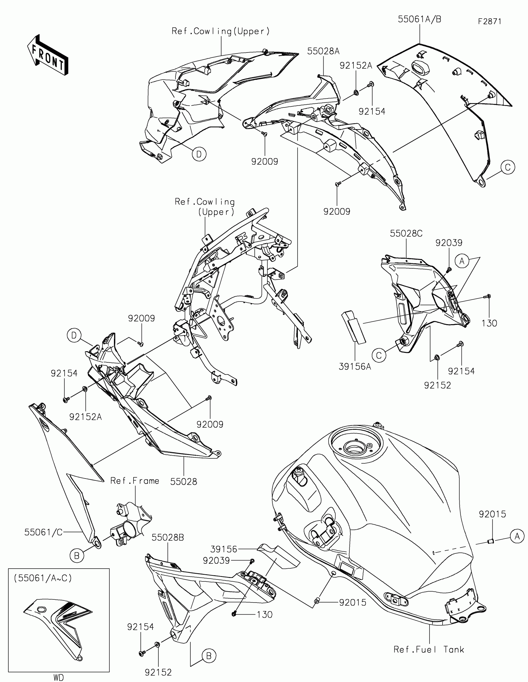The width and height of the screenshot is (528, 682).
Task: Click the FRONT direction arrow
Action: click(x=48, y=56)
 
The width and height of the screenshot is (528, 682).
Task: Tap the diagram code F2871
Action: click(x=489, y=21)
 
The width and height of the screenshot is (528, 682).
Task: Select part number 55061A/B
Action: click(x=419, y=19)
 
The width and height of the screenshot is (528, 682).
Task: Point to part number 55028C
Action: click(x=406, y=233)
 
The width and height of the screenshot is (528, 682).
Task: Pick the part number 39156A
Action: click(x=355, y=366)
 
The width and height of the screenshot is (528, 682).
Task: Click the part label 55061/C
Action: click(x=43, y=532)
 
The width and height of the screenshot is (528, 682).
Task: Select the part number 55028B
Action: click(x=168, y=537)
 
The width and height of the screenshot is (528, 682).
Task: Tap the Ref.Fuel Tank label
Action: click(x=429, y=650)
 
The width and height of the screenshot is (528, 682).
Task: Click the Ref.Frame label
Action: click(x=134, y=480)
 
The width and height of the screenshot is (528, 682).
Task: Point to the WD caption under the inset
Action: click(x=58, y=677)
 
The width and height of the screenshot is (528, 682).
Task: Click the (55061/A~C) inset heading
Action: click(x=43, y=578)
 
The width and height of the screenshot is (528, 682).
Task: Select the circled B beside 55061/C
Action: click(x=77, y=556)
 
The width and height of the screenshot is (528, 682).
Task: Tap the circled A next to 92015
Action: click(x=517, y=536)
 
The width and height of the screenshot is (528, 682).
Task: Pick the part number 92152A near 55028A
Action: click(x=356, y=66)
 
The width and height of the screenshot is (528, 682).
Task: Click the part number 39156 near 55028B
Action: click(x=224, y=549)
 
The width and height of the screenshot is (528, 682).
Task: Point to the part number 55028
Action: click(x=184, y=481)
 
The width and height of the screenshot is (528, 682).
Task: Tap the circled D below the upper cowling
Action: click(x=199, y=154)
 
